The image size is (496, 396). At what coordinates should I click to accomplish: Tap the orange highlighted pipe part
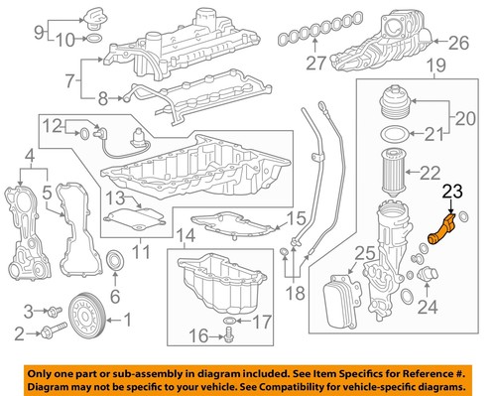pyautogui.click(x=439, y=237)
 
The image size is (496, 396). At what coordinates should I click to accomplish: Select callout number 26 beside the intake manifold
pyautogui.click(x=456, y=43)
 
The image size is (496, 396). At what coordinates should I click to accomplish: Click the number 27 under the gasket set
pyautogui.click(x=315, y=66)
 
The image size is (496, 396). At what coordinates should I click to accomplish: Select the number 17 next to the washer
pyautogui.click(x=259, y=322)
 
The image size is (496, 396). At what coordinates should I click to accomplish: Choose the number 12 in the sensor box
pyautogui.click(x=52, y=125)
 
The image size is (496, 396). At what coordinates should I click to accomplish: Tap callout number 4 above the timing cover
pyautogui.click(x=29, y=155)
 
